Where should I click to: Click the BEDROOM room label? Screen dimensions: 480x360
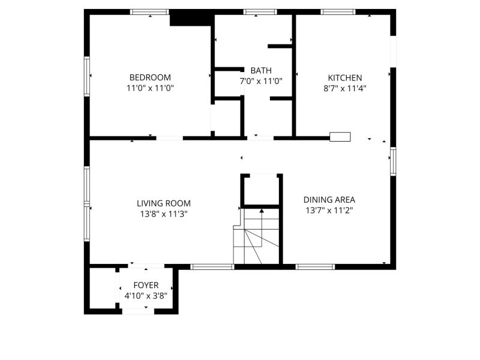pyautogui.click(x=150, y=77)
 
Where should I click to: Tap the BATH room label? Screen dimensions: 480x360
pyautogui.click(x=261, y=71)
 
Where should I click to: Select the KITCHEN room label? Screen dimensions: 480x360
pyautogui.click(x=345, y=78)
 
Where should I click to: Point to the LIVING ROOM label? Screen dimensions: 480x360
pyautogui.click(x=164, y=203)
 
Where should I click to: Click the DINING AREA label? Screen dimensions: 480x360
pyautogui.click(x=329, y=200)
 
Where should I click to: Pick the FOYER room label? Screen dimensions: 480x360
pyautogui.click(x=146, y=286)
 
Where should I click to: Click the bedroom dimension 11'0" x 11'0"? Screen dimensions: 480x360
pyautogui.click(x=151, y=88)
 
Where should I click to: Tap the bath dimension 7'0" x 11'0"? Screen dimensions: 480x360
pyautogui.click(x=261, y=82)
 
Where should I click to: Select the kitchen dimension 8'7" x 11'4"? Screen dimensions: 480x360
pyautogui.click(x=345, y=88)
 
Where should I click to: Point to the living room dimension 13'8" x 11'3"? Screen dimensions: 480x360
pyautogui.click(x=164, y=214)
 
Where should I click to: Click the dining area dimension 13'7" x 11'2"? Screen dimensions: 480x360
pyautogui.click(x=329, y=211)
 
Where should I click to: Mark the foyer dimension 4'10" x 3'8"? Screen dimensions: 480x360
pyautogui.click(x=146, y=296)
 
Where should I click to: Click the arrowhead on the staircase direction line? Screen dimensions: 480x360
pyautogui.click(x=262, y=211)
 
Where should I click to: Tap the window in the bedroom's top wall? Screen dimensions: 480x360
pyautogui.click(x=149, y=12)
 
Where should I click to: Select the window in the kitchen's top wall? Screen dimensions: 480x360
pyautogui.click(x=338, y=12)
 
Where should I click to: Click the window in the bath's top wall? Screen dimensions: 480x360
pyautogui.click(x=260, y=12)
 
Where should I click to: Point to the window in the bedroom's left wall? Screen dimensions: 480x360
pyautogui.click(x=87, y=77)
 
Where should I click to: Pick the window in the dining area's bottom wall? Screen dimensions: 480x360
pyautogui.click(x=316, y=267)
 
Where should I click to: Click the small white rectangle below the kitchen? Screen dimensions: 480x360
pyautogui.click(x=340, y=137)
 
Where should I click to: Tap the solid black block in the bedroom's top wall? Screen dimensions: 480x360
pyautogui.click(x=191, y=19)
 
